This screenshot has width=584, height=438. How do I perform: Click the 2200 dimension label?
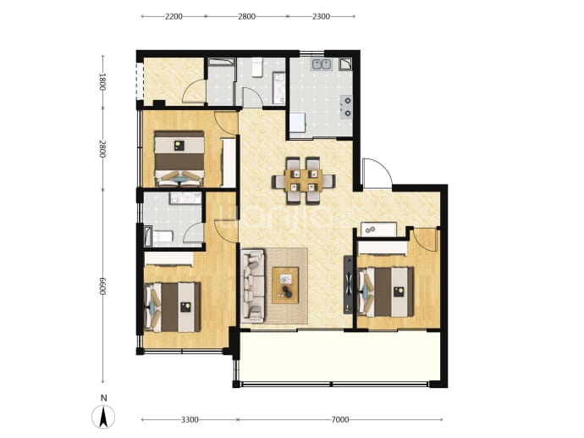point(174,16)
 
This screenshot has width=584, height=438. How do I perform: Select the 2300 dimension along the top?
point(321,16)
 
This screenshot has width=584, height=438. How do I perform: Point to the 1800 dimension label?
point(102,81)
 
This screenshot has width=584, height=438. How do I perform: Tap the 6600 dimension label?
point(102,286)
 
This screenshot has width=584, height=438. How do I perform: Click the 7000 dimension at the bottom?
point(340,419)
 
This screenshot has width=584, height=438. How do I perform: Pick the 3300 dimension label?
point(190,419)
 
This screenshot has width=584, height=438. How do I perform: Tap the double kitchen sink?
point(322,64)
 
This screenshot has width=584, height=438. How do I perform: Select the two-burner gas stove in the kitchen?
point(346,107)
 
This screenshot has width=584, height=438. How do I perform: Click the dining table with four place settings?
point(303,180)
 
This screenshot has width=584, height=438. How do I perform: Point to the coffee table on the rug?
point(285,286)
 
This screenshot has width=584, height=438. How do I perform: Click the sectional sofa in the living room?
point(253,286)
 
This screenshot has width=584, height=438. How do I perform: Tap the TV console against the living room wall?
point(348,285)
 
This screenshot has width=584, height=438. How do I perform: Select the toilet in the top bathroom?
point(257,67)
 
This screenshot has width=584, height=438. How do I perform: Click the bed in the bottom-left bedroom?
point(173,308)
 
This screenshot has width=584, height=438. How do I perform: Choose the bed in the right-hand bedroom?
point(386,292)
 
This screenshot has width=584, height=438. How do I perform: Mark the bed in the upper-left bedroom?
point(179,158)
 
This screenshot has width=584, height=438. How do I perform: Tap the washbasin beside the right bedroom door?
point(378,230)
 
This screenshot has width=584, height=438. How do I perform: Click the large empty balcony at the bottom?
point(340,357)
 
